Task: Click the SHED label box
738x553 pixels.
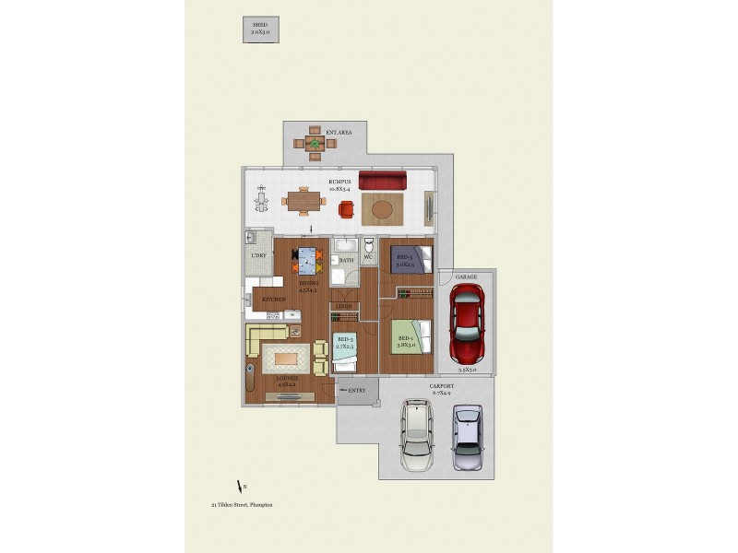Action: point(261,30)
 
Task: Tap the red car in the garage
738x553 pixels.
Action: point(467,322)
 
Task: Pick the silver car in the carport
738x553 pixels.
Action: point(469,437)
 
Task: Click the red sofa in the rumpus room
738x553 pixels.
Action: point(383,180)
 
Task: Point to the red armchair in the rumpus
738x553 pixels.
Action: point(346,209)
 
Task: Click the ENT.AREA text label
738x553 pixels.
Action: point(339,133)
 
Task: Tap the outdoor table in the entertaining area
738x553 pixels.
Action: point(315,143)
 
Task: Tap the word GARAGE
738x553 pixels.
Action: point(465,276)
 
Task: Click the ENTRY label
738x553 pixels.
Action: point(357,390)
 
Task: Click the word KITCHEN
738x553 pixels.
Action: point(273,300)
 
